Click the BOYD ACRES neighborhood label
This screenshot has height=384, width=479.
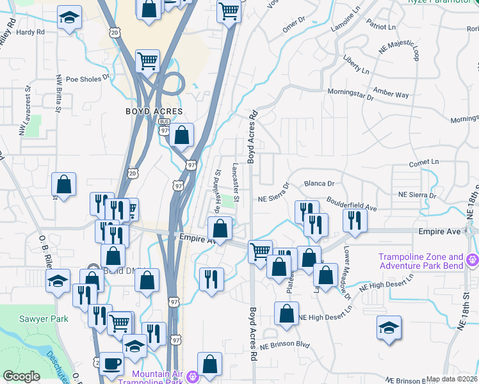[150, 111]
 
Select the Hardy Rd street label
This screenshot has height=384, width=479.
[31, 31]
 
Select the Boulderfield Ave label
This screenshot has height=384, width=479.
[352, 204]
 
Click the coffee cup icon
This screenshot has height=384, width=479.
[112, 364]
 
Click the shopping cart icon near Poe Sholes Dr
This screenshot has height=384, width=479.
[147, 61]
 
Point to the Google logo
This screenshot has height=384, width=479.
[21, 376]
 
